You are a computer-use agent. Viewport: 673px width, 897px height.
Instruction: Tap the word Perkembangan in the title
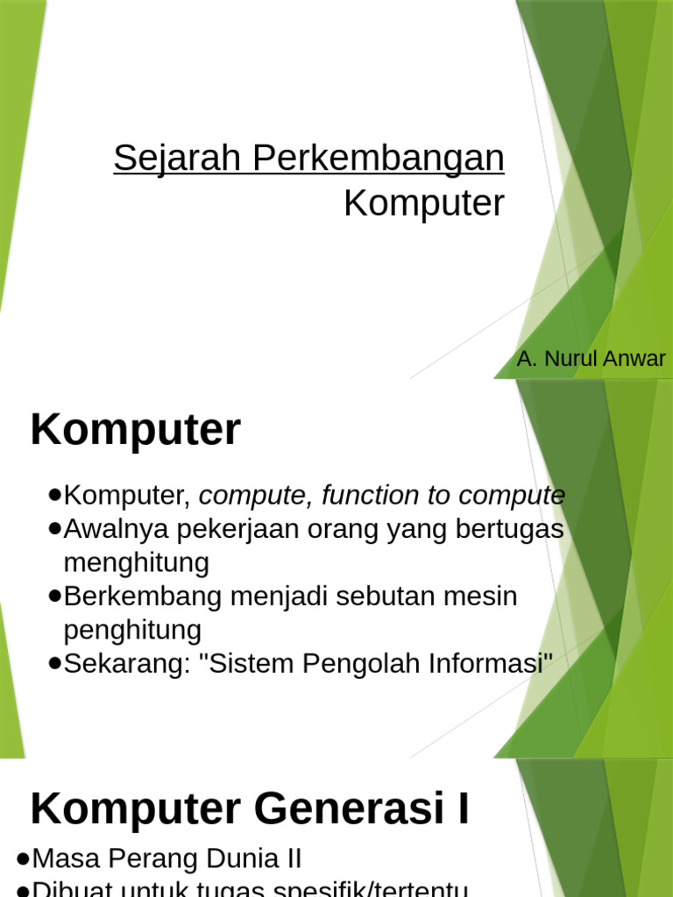[379, 159]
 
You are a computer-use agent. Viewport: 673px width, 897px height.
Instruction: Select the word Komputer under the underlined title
[424, 204]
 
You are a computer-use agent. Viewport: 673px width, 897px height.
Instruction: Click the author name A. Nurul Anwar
[592, 359]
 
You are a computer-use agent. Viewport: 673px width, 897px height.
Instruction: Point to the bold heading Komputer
[135, 431]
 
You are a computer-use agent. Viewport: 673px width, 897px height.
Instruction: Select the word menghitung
[137, 562]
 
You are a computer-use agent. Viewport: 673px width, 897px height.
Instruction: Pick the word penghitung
[132, 630]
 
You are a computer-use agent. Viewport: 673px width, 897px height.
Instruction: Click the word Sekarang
[126, 663]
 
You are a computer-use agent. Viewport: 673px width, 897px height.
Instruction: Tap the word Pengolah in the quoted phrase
[358, 663]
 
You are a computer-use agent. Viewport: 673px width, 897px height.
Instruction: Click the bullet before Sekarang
[55, 663]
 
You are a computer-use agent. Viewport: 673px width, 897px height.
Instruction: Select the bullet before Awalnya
[55, 529]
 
